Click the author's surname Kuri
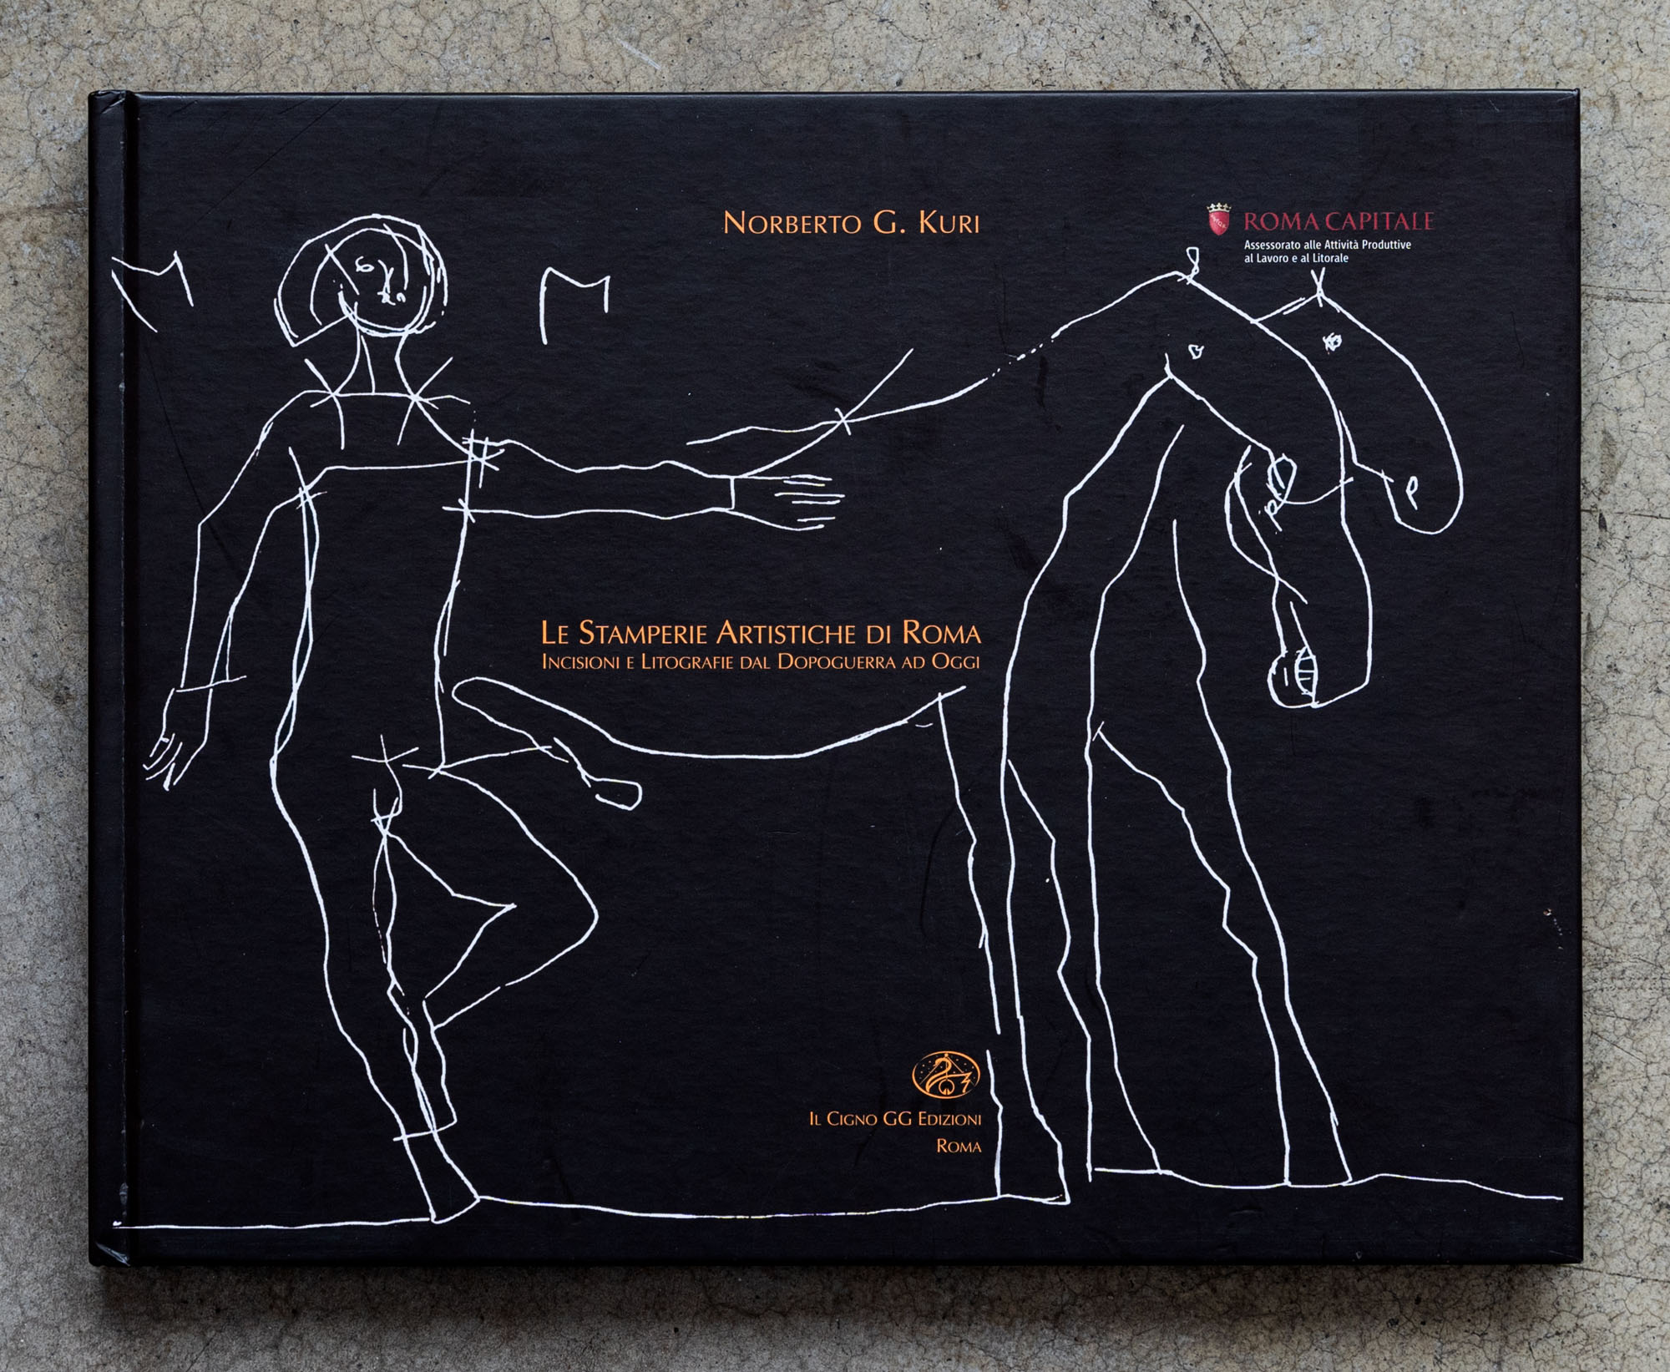(x=949, y=223)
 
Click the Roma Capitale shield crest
(x=1219, y=219)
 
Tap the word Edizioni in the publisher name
(x=949, y=1119)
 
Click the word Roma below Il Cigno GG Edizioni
(x=959, y=1147)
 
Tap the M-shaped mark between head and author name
(x=575, y=305)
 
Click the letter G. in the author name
(x=889, y=223)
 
